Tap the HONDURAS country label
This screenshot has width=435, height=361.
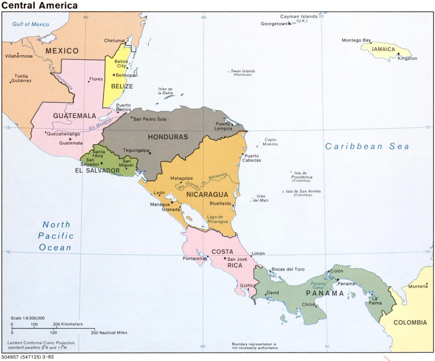(x=167, y=137)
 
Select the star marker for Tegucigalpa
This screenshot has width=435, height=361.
(x=150, y=153)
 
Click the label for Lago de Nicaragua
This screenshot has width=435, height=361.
(x=217, y=219)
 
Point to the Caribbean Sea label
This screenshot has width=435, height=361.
(x=367, y=147)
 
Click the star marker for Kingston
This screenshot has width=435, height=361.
(x=398, y=54)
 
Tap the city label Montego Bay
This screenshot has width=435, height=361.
(x=356, y=40)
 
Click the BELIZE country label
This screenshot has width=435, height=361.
(x=122, y=86)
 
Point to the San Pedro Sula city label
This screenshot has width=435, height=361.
(x=150, y=119)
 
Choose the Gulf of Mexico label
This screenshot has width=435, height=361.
(x=31, y=24)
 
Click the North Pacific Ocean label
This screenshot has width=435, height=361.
(x=56, y=236)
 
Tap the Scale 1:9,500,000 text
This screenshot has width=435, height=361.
(x=28, y=318)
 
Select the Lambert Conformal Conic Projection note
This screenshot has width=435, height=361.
(x=41, y=345)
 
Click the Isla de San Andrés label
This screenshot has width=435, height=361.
(x=303, y=193)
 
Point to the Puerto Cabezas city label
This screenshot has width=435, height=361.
(x=251, y=158)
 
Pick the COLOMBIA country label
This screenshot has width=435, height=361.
(x=410, y=322)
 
